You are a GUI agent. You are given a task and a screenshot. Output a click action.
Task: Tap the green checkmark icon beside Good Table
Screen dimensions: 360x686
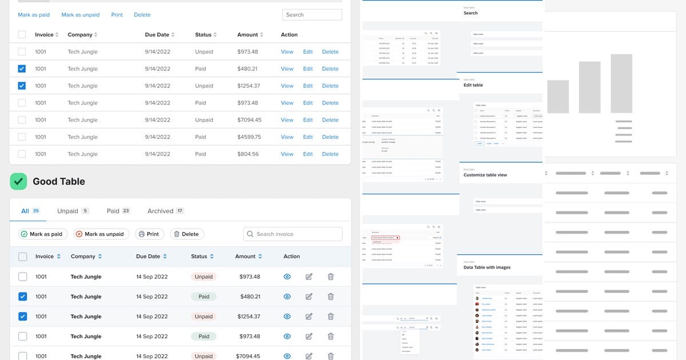[18, 182]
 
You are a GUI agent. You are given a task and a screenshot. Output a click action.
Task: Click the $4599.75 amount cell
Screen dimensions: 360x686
[249, 137]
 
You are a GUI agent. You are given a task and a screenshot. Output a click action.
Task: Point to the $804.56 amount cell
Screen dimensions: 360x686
[248, 154]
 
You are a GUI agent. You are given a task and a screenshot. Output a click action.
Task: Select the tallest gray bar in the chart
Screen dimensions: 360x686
[621, 83]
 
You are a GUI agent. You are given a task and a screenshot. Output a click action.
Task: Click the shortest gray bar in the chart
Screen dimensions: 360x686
[558, 96]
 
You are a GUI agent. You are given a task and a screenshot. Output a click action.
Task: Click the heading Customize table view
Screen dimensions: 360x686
[485, 175]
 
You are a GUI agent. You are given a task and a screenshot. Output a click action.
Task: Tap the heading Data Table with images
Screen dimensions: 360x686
[486, 267]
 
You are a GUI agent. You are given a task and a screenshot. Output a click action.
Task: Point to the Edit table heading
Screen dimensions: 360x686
[473, 85]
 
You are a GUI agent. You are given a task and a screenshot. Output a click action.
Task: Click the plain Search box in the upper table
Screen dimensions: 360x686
[312, 15]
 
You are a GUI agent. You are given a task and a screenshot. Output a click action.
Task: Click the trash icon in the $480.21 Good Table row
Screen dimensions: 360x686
[330, 297]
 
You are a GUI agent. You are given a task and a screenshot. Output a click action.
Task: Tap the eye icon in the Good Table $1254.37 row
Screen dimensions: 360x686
[288, 317]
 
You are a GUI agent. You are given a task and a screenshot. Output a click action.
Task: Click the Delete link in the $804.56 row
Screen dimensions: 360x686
[330, 154]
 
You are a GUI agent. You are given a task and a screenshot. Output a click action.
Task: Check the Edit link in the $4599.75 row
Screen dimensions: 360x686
[308, 137]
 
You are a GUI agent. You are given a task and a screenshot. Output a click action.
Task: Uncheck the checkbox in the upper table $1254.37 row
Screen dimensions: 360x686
[22, 86]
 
